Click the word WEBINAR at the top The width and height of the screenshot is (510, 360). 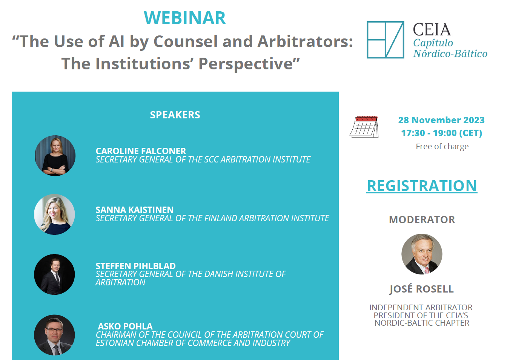pyautogui.click(x=184, y=18)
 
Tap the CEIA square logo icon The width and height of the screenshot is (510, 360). pyautogui.click(x=385, y=40)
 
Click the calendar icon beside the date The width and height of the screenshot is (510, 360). pyautogui.click(x=364, y=127)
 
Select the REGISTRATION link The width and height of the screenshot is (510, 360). pyautogui.click(x=422, y=186)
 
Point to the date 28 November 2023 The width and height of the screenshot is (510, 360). pyautogui.click(x=441, y=120)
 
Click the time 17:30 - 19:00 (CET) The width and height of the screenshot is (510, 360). pyautogui.click(x=441, y=133)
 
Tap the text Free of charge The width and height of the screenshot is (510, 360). pyautogui.click(x=442, y=146)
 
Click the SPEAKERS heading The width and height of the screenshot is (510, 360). pyautogui.click(x=175, y=115)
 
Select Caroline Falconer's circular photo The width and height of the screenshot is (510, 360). pyautogui.click(x=55, y=156)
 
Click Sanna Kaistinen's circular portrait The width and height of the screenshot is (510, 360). pyautogui.click(x=54, y=214)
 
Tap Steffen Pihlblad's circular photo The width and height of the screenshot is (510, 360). pyautogui.click(x=54, y=274)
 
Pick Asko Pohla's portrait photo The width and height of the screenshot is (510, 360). pyautogui.click(x=54, y=335)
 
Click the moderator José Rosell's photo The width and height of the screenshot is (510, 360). pyautogui.click(x=422, y=254)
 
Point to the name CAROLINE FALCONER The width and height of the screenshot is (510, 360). pyautogui.click(x=141, y=151)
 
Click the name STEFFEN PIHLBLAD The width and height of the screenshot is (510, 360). pyautogui.click(x=135, y=266)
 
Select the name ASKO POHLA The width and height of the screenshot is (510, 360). pyautogui.click(x=125, y=326)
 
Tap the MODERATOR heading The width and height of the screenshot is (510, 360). pyautogui.click(x=422, y=220)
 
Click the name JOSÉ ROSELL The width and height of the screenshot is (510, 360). pyautogui.click(x=422, y=289)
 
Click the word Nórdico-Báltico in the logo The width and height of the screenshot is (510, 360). pyautogui.click(x=450, y=54)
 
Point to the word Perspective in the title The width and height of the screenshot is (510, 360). pyautogui.click(x=246, y=64)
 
